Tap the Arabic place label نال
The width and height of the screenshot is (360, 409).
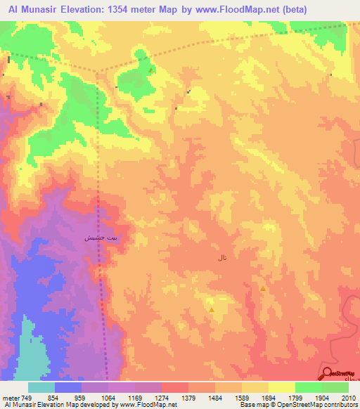(x=223, y=259)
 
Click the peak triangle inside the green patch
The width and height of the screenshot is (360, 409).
(x=150, y=70)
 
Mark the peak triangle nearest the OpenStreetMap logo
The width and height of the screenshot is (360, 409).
(x=263, y=288)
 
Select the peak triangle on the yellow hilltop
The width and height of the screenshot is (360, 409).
(x=211, y=309)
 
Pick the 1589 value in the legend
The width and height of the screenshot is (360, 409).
(x=229, y=397)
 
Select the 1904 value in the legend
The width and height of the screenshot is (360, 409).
(x=309, y=397)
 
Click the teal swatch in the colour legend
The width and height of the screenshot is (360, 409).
(x=41, y=387)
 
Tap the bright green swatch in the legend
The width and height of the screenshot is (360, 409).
(x=309, y=387)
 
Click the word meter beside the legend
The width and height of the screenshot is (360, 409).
(x=11, y=397)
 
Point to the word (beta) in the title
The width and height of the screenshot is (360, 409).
(x=337, y=9)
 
